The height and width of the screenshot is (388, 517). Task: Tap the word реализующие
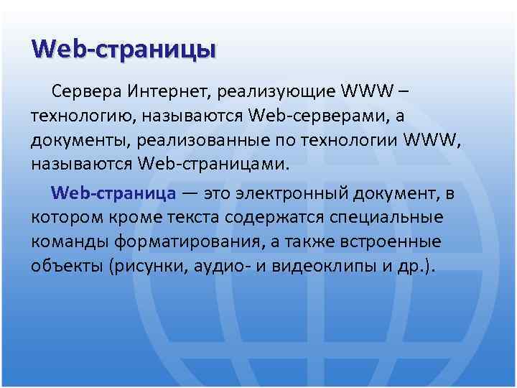(x=279, y=91)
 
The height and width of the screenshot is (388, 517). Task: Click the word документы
(x=75, y=139)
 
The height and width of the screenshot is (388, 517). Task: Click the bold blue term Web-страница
(x=113, y=193)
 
